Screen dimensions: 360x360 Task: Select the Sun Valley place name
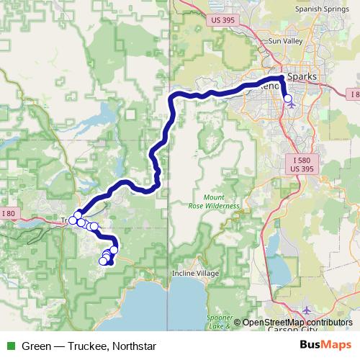(283, 42)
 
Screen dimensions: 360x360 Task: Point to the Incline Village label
(195, 274)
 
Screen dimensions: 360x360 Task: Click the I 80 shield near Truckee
(8, 213)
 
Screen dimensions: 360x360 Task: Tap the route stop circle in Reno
(288, 99)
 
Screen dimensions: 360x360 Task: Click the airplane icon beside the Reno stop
(292, 103)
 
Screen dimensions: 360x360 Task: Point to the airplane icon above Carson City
(307, 310)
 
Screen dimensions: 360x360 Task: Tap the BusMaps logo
(326, 346)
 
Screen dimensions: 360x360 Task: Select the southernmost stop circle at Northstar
(103, 261)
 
